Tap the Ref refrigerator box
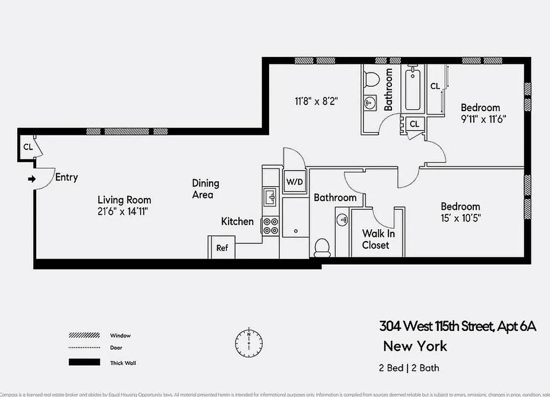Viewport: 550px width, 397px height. pos(221,247)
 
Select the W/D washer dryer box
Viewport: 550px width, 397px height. pos(294,182)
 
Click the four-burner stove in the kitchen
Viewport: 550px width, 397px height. pos(271,226)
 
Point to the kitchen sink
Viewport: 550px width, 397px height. pos(271,196)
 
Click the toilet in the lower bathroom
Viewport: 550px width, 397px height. pos(322,247)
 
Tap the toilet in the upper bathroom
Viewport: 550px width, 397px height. pos(371,78)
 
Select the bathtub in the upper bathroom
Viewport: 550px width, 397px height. pos(413,90)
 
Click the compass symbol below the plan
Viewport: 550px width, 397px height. pos(249,342)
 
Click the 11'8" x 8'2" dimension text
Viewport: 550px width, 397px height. pos(317,101)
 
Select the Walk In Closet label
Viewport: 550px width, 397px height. pos(376,239)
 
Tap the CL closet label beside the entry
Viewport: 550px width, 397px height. pos(28,147)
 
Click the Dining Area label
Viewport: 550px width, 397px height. pos(206,189)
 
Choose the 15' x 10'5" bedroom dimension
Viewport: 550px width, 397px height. pos(460,218)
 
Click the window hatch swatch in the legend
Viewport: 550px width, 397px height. pos(84,336)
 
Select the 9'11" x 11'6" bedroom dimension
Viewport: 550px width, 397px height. pos(483,119)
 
